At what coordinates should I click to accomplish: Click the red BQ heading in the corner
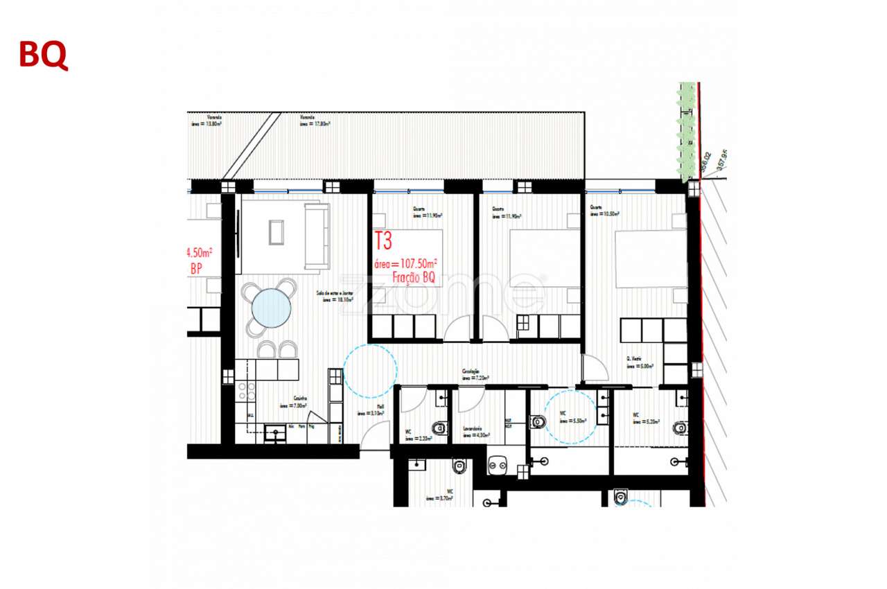pos(43,55)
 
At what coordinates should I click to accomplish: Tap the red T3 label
pos(383,241)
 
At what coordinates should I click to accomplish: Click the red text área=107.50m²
pos(405,264)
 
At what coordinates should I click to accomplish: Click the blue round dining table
pos(271,308)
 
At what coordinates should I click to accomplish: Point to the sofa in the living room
pos(317,236)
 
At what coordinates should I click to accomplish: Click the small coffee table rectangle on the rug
pos(276,231)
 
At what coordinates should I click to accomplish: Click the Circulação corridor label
pos(476,374)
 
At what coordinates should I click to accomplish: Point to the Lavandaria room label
pos(476,432)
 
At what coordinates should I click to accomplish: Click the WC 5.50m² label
pos(572,417)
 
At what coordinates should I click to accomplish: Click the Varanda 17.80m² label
pos(314,122)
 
